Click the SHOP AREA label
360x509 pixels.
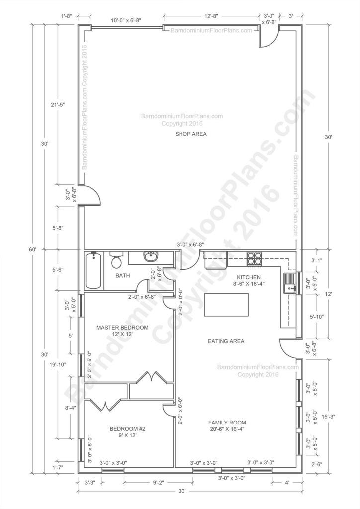coord(191,134)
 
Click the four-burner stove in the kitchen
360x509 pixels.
coord(254,258)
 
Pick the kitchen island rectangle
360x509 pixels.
coord(226,305)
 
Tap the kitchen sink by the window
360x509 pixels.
coord(289,283)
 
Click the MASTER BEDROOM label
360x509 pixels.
coord(122,330)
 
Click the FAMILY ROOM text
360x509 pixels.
coord(227,425)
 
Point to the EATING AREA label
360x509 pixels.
coord(226,341)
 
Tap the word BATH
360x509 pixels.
coord(123,275)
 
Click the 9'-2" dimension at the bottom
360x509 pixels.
coord(158,483)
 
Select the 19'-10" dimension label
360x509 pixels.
coord(59,364)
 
